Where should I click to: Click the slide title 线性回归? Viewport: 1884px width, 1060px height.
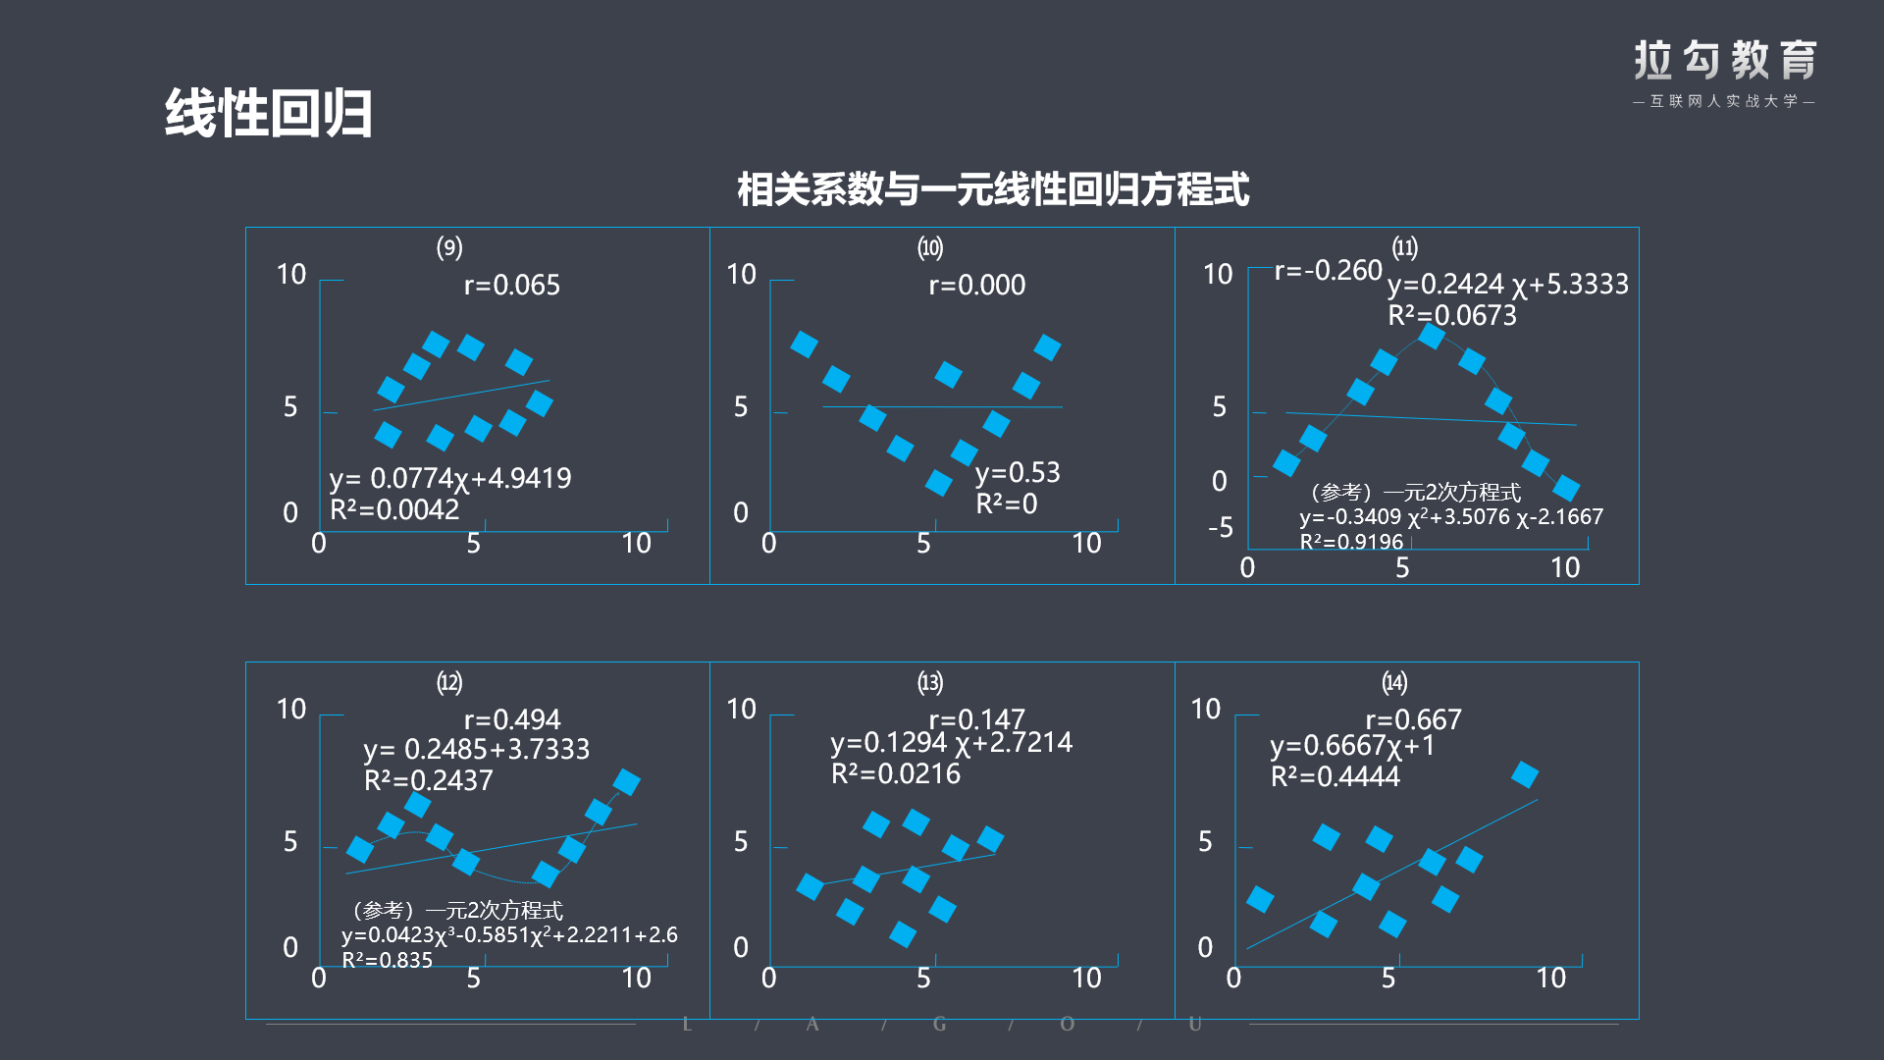(x=268, y=113)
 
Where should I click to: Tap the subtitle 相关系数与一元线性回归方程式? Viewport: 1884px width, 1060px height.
(x=992, y=189)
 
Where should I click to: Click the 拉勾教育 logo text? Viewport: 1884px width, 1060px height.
(x=1724, y=61)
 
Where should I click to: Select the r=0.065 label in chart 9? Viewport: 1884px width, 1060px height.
(x=511, y=286)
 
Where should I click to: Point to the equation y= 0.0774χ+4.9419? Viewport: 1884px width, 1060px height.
(x=449, y=479)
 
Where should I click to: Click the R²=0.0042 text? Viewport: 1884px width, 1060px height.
(x=394, y=510)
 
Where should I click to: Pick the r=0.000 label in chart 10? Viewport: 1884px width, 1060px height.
(x=976, y=286)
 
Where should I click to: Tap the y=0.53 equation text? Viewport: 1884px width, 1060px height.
(x=1018, y=473)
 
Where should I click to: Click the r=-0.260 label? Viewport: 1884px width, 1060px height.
(x=1328, y=271)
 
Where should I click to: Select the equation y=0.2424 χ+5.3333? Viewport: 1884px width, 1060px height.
(x=1507, y=285)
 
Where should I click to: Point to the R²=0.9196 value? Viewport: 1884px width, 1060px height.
(x=1351, y=542)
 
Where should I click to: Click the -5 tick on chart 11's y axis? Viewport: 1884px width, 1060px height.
(x=1220, y=528)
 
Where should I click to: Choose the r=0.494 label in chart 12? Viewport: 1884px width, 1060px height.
(x=511, y=720)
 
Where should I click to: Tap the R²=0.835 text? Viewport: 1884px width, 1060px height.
(x=387, y=961)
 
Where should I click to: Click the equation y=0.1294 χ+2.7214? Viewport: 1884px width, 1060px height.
(x=951, y=743)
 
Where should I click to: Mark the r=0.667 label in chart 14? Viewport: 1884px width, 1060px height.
(x=1413, y=720)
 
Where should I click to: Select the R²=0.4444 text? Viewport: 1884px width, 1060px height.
(x=1334, y=777)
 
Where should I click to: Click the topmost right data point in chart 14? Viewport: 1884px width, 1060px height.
(x=1524, y=774)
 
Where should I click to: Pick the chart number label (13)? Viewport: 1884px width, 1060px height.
(x=929, y=682)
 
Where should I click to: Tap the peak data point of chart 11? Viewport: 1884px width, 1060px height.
(x=1432, y=337)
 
